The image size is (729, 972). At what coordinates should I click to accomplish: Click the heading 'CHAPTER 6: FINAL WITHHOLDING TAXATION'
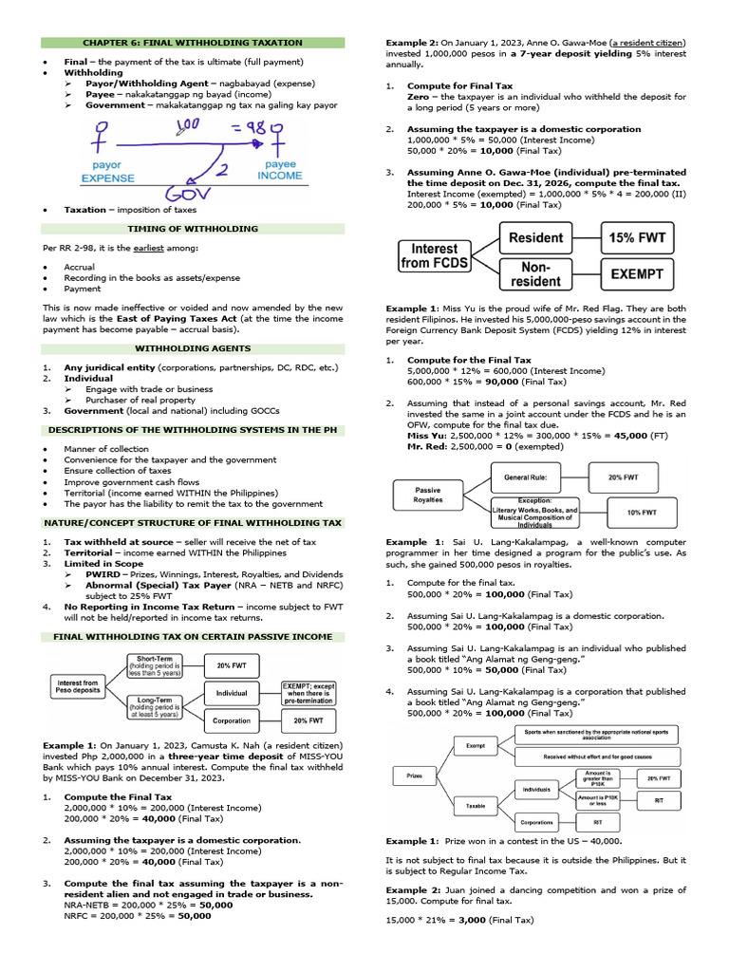tap(193, 43)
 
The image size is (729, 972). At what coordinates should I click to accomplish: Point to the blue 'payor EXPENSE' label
tap(107, 171)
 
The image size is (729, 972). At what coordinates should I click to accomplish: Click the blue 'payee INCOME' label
tap(280, 170)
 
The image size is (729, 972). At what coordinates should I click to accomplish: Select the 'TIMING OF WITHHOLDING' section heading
tap(193, 229)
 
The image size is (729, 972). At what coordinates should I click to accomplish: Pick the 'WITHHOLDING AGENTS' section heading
tap(193, 348)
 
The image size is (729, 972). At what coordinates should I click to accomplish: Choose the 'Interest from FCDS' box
tap(435, 256)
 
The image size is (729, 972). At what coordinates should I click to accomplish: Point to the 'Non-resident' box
tap(536, 275)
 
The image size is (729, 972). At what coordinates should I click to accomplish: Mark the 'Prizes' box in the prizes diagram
tap(414, 776)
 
